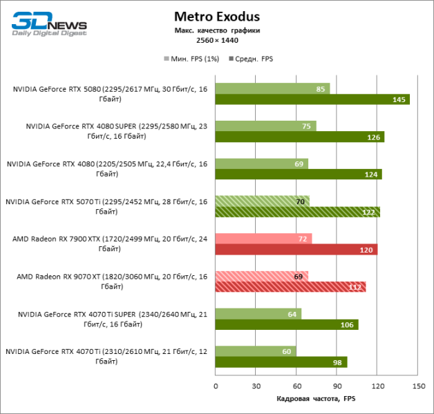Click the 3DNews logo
pos(48,23)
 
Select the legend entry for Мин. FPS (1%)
pos(191,59)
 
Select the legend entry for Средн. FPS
pos(252,59)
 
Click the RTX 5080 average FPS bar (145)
pos(312,99)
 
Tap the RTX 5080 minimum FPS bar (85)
pos(272,88)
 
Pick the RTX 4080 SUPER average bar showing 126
pos(299,137)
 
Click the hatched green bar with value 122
pos(297,212)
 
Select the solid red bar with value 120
pos(296,250)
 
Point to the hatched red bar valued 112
pos(291,287)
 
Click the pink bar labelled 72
pos(263,239)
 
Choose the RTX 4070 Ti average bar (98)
pos(281,362)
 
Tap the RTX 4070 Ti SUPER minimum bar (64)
pos(258,314)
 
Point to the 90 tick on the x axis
pos(337,386)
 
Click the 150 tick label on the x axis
pos(417,386)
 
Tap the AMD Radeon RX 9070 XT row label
pos(111,282)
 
